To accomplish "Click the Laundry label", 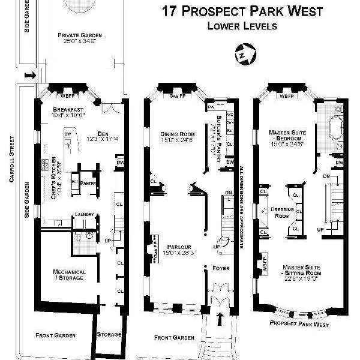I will (x=82, y=214).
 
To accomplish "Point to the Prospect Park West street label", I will (x=298, y=324).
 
